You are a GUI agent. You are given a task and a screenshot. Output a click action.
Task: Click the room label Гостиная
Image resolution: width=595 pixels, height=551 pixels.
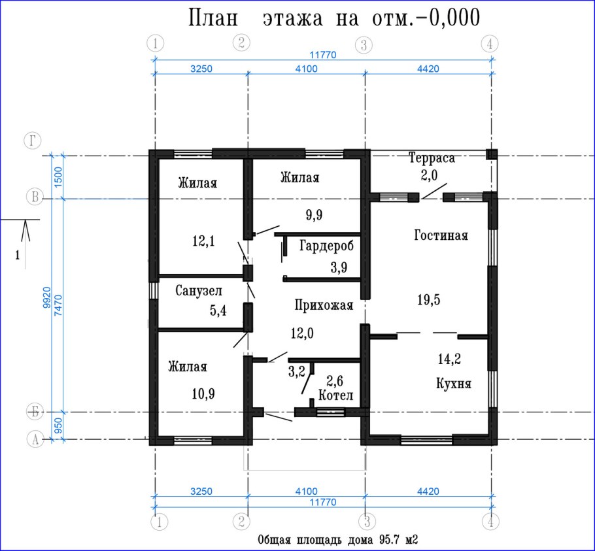click(x=441, y=235)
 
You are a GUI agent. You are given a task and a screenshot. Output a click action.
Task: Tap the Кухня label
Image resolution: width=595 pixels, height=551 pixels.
click(x=454, y=384)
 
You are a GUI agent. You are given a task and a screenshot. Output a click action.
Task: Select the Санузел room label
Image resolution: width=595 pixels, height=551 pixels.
click(x=199, y=291)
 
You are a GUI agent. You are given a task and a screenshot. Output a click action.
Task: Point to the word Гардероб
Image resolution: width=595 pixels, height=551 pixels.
click(x=326, y=246)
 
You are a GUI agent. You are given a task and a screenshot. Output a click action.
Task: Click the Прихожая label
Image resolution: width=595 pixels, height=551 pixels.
click(x=324, y=305)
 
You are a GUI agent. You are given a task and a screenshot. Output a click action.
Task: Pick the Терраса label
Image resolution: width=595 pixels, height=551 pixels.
click(x=432, y=158)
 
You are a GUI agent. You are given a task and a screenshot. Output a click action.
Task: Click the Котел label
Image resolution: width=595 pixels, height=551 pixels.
click(x=336, y=395)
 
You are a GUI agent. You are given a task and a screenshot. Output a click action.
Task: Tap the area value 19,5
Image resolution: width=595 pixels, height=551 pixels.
click(x=429, y=300)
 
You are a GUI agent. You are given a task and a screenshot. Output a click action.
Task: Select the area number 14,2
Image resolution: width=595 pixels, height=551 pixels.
click(x=449, y=359)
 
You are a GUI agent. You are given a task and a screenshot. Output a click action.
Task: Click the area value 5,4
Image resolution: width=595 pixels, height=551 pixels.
click(x=218, y=311)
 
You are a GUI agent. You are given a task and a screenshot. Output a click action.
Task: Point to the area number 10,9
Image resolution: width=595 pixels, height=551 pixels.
click(x=203, y=394)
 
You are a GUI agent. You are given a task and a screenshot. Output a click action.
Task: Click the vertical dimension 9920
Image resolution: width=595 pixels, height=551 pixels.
click(x=47, y=297)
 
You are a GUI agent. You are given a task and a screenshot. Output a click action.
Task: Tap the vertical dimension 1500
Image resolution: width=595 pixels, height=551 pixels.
click(x=58, y=177)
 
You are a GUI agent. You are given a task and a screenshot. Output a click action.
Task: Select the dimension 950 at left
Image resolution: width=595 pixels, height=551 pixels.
click(x=58, y=426)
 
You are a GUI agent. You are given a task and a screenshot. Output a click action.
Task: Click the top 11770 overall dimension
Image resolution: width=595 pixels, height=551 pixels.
click(x=322, y=55)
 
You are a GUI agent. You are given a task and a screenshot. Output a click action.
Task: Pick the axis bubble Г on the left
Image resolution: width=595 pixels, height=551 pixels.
click(x=33, y=141)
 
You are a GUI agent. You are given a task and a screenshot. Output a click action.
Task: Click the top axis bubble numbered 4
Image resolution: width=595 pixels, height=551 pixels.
click(x=490, y=44)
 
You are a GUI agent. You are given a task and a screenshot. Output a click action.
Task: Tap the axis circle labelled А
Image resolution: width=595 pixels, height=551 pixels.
click(x=35, y=440)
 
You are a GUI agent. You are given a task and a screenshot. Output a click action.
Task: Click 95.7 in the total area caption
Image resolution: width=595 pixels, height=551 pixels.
click(x=388, y=540)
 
